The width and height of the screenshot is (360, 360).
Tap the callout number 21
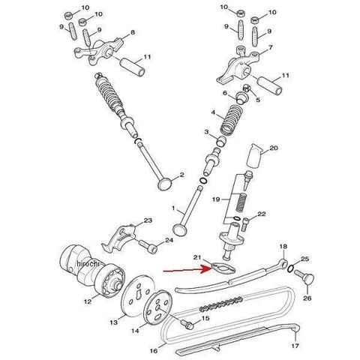tap(197, 257)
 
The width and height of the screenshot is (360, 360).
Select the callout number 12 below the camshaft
tap(88, 301)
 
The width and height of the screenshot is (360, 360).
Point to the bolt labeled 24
tap(148, 246)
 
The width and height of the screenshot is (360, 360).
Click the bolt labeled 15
tap(187, 324)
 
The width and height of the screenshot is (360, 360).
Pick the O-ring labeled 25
tap(291, 268)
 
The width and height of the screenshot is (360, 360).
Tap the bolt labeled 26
tap(304, 277)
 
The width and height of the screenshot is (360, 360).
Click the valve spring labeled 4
tap(230, 119)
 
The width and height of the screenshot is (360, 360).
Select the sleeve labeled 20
tap(254, 155)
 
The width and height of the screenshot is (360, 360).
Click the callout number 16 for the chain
tap(154, 351)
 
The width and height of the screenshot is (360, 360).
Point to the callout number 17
tap(295, 346)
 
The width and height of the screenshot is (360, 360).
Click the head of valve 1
tap(180, 229)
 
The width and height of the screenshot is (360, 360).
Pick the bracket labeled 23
tap(120, 238)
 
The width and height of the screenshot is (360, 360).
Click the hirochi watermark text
tap(88, 263)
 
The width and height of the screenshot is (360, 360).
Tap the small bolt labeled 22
tap(244, 223)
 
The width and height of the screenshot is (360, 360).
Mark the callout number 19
tap(216, 199)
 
